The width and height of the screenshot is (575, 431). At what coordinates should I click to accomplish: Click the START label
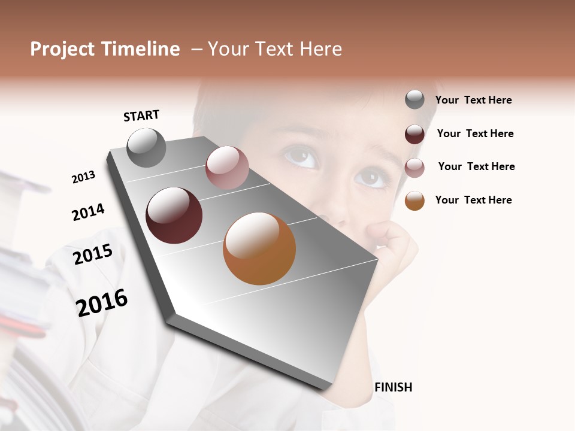point(141,116)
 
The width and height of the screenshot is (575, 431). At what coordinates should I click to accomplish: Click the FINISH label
point(393,387)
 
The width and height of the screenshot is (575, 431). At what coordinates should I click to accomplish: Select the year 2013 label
point(83,177)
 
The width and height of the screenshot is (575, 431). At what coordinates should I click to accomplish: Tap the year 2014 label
point(88,212)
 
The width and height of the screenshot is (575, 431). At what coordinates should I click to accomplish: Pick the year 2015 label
point(93,254)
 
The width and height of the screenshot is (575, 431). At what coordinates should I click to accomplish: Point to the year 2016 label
point(102,303)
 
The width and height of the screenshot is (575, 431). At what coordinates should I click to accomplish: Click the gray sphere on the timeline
point(147,147)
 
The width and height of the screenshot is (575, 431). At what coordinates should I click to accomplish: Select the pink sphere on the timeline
point(227,168)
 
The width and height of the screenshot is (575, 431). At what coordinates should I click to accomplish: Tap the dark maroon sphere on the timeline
point(174,215)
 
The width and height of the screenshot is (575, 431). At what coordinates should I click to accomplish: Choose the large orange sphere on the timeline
point(259,248)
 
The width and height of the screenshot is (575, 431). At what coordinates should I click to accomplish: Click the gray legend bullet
point(414,100)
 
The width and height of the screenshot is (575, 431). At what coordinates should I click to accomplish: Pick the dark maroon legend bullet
point(414,134)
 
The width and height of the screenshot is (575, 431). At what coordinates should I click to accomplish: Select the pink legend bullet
point(414,168)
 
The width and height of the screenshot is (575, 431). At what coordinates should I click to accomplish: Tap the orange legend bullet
point(414,201)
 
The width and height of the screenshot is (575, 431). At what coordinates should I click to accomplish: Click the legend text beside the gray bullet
point(473,101)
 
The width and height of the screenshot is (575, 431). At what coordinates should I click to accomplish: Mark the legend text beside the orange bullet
point(473,200)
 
